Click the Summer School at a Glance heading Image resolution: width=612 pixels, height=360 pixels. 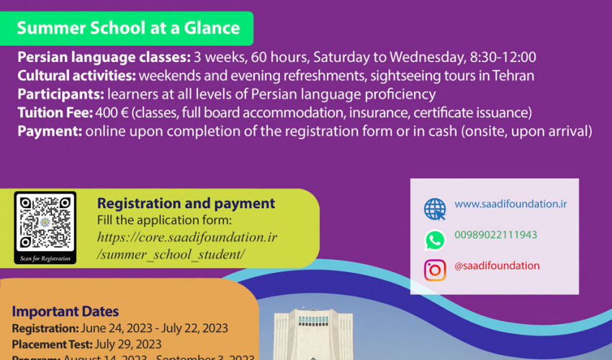point(128,28)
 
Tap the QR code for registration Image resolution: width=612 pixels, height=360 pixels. point(45,222)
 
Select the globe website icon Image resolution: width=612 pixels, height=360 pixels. point(435,209)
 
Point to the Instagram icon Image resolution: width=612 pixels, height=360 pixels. point(435,270)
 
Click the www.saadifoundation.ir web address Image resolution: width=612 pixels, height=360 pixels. point(510,204)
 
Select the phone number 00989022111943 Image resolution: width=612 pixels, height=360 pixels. point(495,235)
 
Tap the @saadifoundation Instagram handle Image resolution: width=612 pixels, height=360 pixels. point(497,266)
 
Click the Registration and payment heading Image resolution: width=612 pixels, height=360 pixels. point(186,204)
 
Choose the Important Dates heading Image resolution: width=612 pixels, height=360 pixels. point(66,312)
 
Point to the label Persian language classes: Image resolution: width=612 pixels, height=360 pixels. point(104,57)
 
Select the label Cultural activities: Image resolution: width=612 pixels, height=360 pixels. point(76,76)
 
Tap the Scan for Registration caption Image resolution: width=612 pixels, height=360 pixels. point(45,258)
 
